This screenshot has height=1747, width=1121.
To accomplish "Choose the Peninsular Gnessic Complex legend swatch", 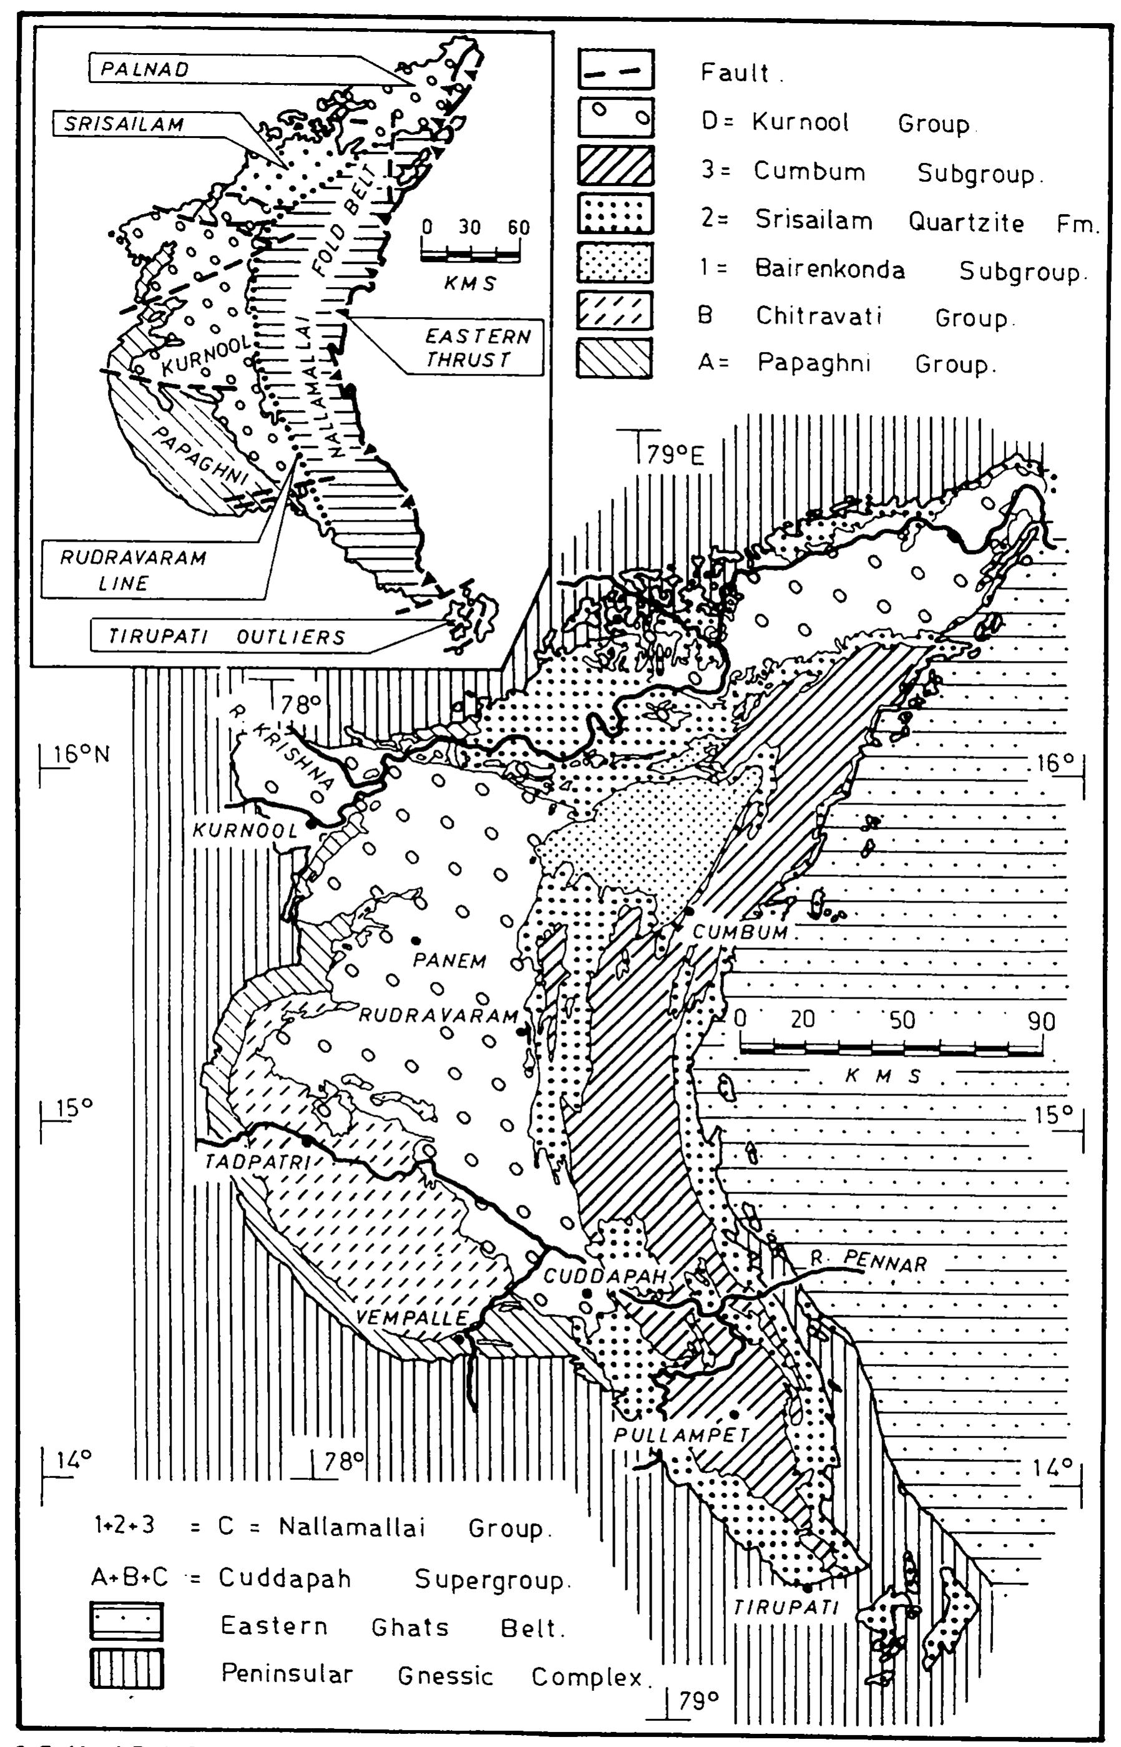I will click(x=127, y=1668).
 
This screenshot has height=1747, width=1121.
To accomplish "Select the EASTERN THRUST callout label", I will click(x=477, y=347).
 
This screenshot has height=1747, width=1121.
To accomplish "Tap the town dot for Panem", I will click(x=416, y=941).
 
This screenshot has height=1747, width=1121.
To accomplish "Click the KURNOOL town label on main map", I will click(x=245, y=831).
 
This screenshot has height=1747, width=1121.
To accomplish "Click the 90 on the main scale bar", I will click(x=1041, y=1020).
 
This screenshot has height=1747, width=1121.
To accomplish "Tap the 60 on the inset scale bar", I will click(x=518, y=227).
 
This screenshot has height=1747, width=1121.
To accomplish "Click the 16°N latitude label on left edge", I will click(x=80, y=754).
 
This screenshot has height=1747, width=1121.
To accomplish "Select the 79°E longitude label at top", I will click(x=677, y=456).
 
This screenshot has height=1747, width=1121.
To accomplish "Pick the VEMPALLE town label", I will click(x=412, y=1317).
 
